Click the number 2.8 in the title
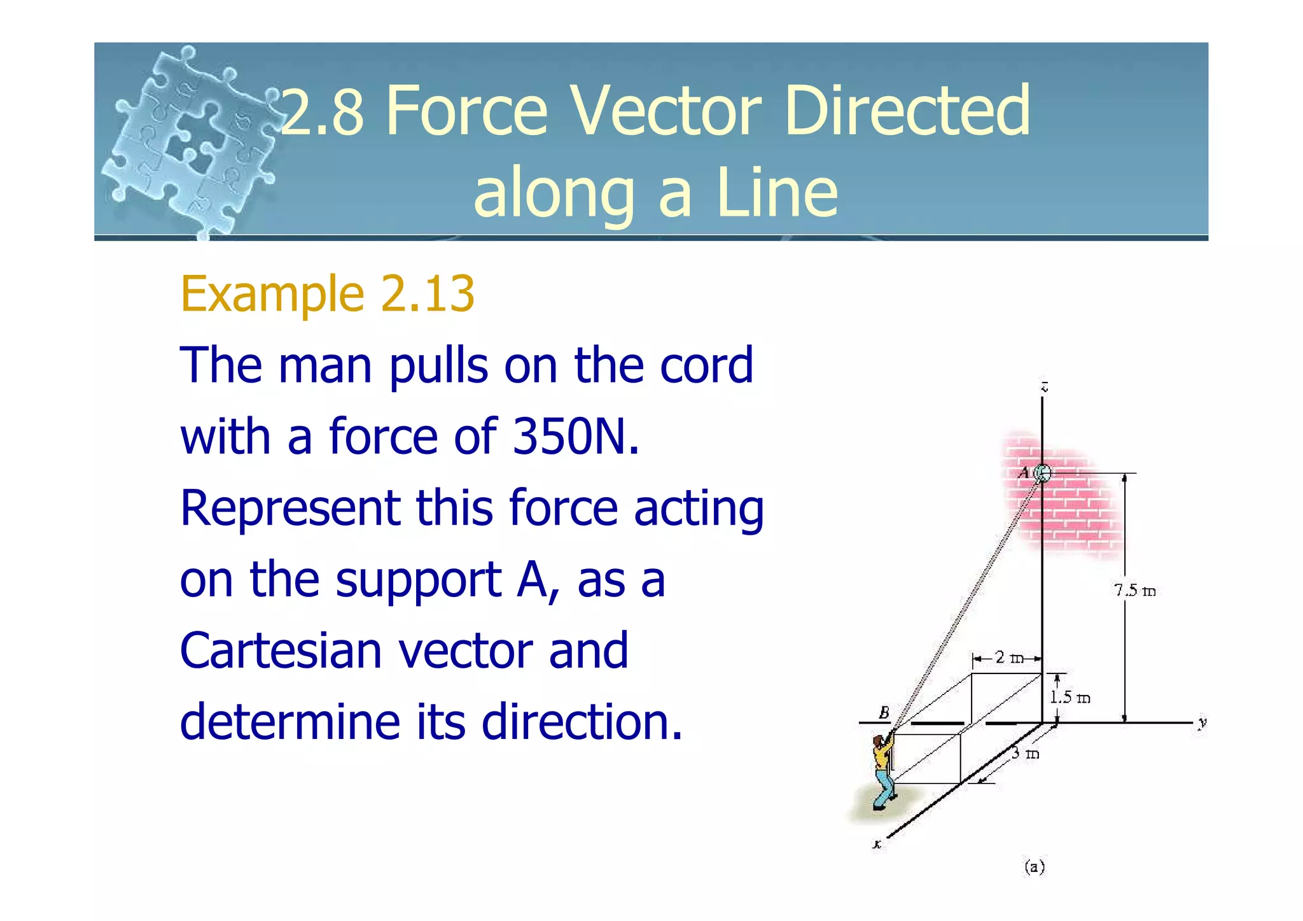(x=323, y=112)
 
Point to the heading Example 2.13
(x=327, y=293)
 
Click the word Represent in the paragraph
(x=289, y=508)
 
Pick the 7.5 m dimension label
(x=1134, y=591)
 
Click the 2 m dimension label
(x=1008, y=657)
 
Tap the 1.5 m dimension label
(x=1070, y=697)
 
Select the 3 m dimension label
(x=1025, y=754)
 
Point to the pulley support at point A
(x=1042, y=473)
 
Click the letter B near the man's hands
(x=884, y=712)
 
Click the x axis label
(x=877, y=845)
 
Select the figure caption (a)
(x=1034, y=866)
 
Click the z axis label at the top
(x=1044, y=386)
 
